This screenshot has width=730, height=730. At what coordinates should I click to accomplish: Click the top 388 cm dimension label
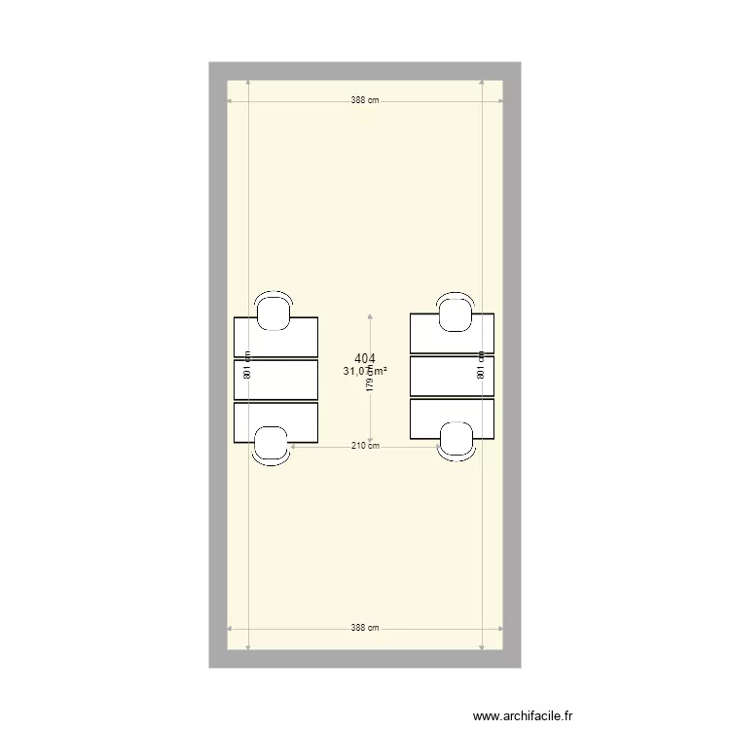tap(365, 100)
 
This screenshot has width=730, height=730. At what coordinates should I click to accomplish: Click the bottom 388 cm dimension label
tap(365, 629)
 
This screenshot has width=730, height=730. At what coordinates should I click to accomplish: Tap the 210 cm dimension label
tap(365, 446)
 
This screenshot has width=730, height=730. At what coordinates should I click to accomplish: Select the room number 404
tap(365, 358)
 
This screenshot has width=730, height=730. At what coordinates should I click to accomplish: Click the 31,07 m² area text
tap(365, 371)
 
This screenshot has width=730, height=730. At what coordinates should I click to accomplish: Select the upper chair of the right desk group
tap(455, 310)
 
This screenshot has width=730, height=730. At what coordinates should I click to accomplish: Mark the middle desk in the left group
tap(277, 379)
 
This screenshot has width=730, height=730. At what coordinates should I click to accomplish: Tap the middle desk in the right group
tap(453, 376)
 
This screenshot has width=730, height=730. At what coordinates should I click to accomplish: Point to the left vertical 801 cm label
tap(248, 365)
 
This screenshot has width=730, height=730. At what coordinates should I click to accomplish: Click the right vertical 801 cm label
tap(482, 365)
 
